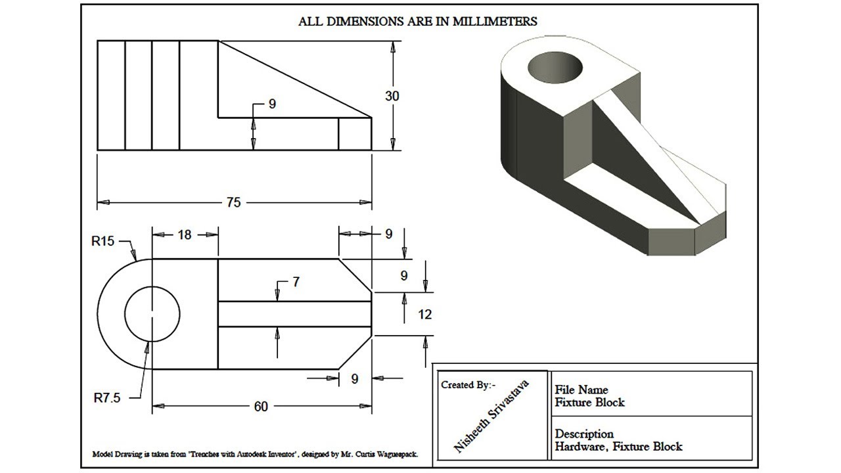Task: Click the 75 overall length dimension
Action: pos(233,203)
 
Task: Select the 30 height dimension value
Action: pos(392,96)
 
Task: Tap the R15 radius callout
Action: pos(102,241)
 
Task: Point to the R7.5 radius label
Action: pos(107,397)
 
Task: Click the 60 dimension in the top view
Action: pos(261,407)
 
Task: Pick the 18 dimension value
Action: pos(185,235)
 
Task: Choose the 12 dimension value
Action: pos(425,315)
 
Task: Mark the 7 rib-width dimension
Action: pos(296,282)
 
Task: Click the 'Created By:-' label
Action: pos(468,385)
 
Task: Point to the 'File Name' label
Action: pos(581,390)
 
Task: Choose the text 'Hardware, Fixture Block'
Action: pos(618,447)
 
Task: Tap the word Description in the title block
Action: pos(584,434)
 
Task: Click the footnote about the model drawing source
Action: pos(255,454)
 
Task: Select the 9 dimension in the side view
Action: pos(272,104)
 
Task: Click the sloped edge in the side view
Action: pos(296,79)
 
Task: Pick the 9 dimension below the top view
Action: pos(355,378)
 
